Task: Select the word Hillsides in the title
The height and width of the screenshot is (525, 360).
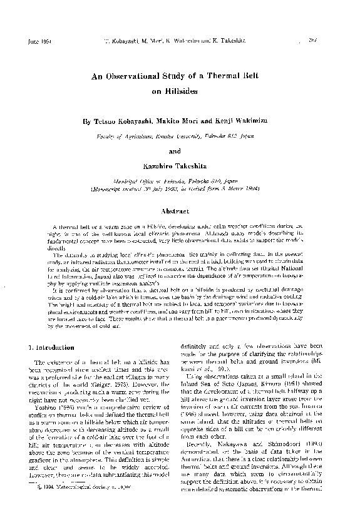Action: (x=176, y=90)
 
